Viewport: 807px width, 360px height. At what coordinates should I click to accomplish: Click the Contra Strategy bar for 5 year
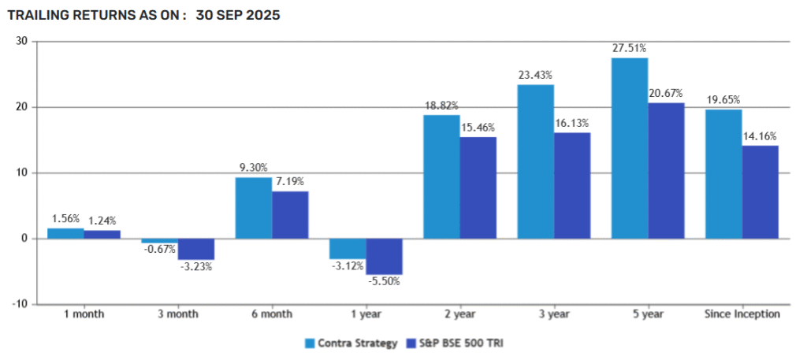[x=630, y=148]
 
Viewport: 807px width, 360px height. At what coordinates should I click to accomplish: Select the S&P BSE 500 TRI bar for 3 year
[x=572, y=185]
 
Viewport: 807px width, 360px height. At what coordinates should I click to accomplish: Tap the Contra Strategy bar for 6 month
[x=254, y=208]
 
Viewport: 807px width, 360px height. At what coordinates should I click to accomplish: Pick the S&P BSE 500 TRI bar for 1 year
[x=385, y=256]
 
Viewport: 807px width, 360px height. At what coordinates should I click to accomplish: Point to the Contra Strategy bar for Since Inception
[x=723, y=174]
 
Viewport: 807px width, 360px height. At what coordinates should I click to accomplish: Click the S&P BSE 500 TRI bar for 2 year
[x=478, y=187]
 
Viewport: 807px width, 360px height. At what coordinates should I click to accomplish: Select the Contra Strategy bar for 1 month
[x=66, y=233]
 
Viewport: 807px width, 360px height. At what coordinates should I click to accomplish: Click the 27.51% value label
[x=630, y=48]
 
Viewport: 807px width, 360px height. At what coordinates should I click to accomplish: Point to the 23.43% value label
[x=536, y=75]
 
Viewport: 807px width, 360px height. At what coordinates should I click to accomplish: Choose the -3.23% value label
[x=196, y=267]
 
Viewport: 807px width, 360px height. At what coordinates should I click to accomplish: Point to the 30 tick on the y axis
[x=22, y=41]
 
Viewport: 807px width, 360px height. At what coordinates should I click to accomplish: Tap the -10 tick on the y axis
[x=20, y=304]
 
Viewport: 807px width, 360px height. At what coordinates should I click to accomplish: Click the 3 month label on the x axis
[x=178, y=314]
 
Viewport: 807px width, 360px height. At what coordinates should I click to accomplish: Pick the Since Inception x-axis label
[x=742, y=314]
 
